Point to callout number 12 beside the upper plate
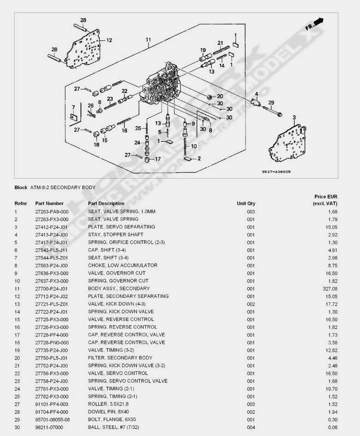pos(109,41)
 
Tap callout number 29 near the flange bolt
pos(271,103)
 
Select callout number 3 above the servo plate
pos(294,118)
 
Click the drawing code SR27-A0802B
pos(276,172)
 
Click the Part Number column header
pos(49,203)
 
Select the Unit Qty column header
pos(246,203)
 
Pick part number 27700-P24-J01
pos(52,289)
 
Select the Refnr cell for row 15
pos(16,320)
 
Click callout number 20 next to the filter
pos(220,96)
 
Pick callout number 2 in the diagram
pos(199,158)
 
